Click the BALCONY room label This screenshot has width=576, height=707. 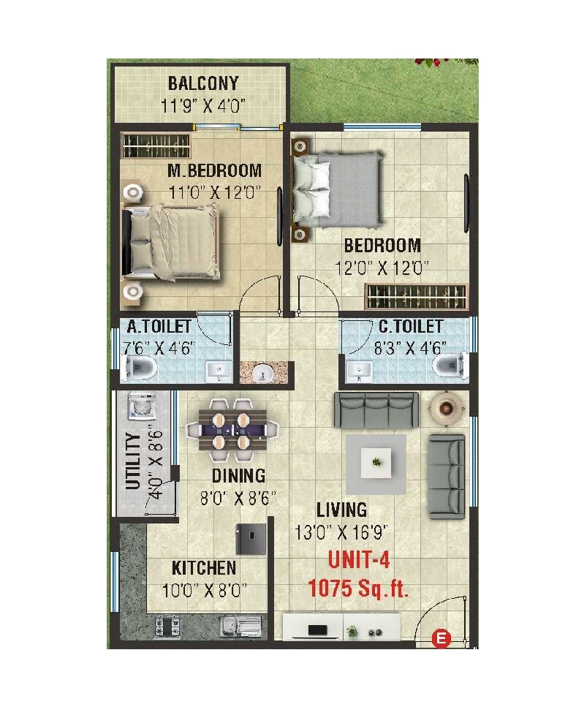coord(202,83)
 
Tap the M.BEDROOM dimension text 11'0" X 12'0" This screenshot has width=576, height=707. coord(215,194)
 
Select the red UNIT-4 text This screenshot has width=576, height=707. coord(359,561)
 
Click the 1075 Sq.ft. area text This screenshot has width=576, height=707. coord(358,588)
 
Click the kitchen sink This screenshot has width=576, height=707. coord(240,626)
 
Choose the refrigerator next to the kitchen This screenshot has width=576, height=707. coord(249,540)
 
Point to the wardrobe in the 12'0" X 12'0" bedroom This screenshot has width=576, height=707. coord(415,296)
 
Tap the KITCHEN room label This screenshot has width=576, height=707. coord(204,568)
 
